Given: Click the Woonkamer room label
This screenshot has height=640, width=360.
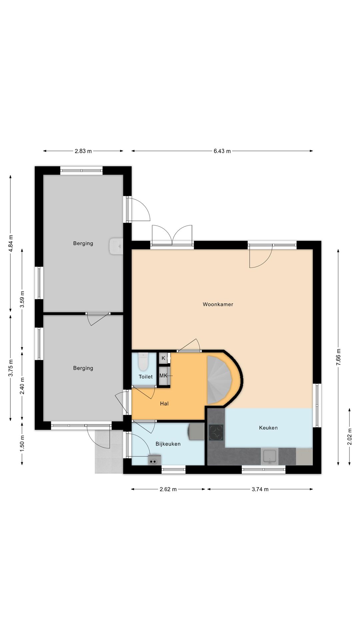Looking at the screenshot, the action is click(x=218, y=304).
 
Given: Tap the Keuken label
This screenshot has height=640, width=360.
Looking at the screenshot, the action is click(x=268, y=428).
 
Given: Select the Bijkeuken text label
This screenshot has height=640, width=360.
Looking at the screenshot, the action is click(x=168, y=444).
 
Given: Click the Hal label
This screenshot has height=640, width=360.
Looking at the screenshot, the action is click(x=164, y=404).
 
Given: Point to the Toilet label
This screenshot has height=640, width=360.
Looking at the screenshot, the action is click(x=146, y=377).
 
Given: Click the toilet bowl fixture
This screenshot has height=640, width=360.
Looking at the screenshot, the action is click(x=143, y=361).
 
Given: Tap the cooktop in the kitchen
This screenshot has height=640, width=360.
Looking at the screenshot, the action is click(x=216, y=432).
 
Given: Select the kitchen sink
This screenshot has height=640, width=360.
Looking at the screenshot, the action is click(x=269, y=456).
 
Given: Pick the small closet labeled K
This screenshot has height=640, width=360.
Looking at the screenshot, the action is click(x=163, y=358).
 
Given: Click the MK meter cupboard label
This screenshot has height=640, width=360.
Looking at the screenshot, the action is click(x=163, y=376).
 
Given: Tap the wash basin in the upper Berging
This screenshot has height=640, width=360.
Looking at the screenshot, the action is click(x=116, y=246).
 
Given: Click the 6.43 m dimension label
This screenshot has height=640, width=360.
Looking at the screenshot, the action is click(x=222, y=151).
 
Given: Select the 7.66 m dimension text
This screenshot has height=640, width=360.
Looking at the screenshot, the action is click(x=339, y=357).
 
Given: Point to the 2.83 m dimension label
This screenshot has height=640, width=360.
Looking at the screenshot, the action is click(x=83, y=151).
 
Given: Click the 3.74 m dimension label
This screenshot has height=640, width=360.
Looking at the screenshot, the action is click(x=260, y=489).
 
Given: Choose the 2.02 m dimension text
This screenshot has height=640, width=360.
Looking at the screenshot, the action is click(x=350, y=437).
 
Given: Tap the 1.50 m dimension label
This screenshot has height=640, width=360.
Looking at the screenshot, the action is click(x=22, y=444).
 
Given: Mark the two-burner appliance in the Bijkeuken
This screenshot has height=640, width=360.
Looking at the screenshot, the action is click(x=154, y=460).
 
